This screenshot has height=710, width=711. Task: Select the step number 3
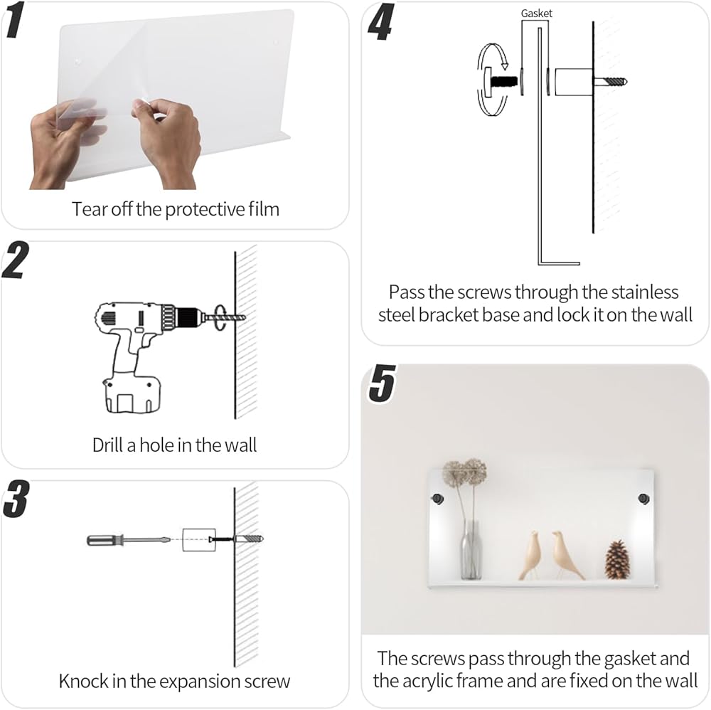[x=16, y=499]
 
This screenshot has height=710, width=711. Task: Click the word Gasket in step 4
[x=536, y=14]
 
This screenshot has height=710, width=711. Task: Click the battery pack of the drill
[x=132, y=393]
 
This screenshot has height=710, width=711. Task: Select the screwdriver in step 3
[x=129, y=540]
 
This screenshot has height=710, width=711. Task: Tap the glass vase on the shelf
[x=471, y=549]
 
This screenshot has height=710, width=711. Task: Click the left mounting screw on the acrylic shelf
[x=437, y=499]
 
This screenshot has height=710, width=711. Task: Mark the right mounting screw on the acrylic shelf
[x=643, y=499]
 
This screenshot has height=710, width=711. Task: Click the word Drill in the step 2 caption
[x=108, y=445]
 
